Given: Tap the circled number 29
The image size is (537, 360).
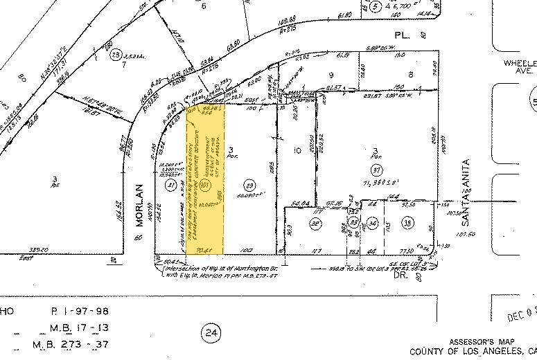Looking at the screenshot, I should [x=250, y=184].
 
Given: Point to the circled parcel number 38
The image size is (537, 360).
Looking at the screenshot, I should [x=407, y=222].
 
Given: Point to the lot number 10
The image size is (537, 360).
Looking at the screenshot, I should [x=297, y=150].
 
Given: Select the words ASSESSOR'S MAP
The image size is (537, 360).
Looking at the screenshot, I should [x=484, y=342].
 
